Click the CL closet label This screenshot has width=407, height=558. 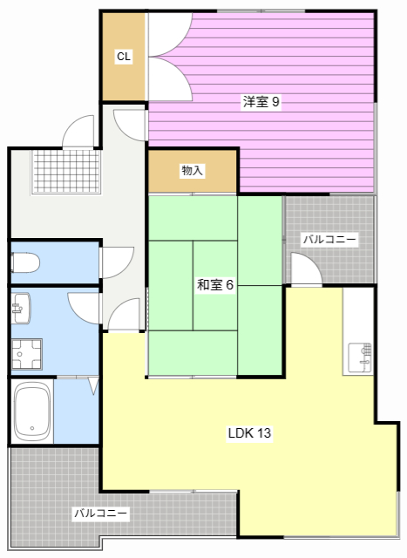coord(124,56)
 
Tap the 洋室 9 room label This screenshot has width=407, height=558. coord(261,102)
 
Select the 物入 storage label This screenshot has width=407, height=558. coord(192,171)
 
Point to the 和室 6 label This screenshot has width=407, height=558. coord(215,285)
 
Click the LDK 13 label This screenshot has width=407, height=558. coord(249,433)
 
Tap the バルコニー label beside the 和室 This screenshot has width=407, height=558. coord(329,239)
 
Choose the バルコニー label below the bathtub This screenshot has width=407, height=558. coord(101,514)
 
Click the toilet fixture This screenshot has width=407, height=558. coord(25,262)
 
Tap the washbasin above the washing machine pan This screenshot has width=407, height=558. coord(21,308)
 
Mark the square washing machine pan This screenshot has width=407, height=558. coord(27,354)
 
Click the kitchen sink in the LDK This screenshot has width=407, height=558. coord(360,357)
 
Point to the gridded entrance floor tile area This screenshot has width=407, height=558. coord(66,172)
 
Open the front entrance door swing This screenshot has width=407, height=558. coord(78,131)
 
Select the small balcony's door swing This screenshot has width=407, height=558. coord(306,269)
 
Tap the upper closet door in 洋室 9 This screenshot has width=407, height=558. coord(170,35)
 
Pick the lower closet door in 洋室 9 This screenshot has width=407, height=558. coord(170,79)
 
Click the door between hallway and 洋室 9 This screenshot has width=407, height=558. coord(131,125)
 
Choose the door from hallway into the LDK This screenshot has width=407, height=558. coord(124,315)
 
